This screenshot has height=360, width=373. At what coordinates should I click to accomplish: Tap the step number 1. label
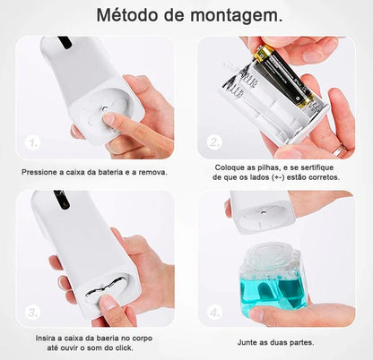point(33,142)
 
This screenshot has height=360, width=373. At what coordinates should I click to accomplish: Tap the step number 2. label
point(215,142)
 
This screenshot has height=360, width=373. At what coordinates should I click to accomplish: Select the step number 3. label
point(33,312)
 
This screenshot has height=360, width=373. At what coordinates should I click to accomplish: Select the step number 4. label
point(215,312)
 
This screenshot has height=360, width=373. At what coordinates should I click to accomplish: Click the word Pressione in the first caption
point(41,173)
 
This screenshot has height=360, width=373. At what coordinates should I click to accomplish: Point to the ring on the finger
point(339,150)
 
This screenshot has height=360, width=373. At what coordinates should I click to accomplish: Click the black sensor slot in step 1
point(64,42)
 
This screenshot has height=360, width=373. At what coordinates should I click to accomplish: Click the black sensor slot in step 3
point(62,200)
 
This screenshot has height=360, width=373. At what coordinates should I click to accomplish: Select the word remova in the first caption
point(149,173)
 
